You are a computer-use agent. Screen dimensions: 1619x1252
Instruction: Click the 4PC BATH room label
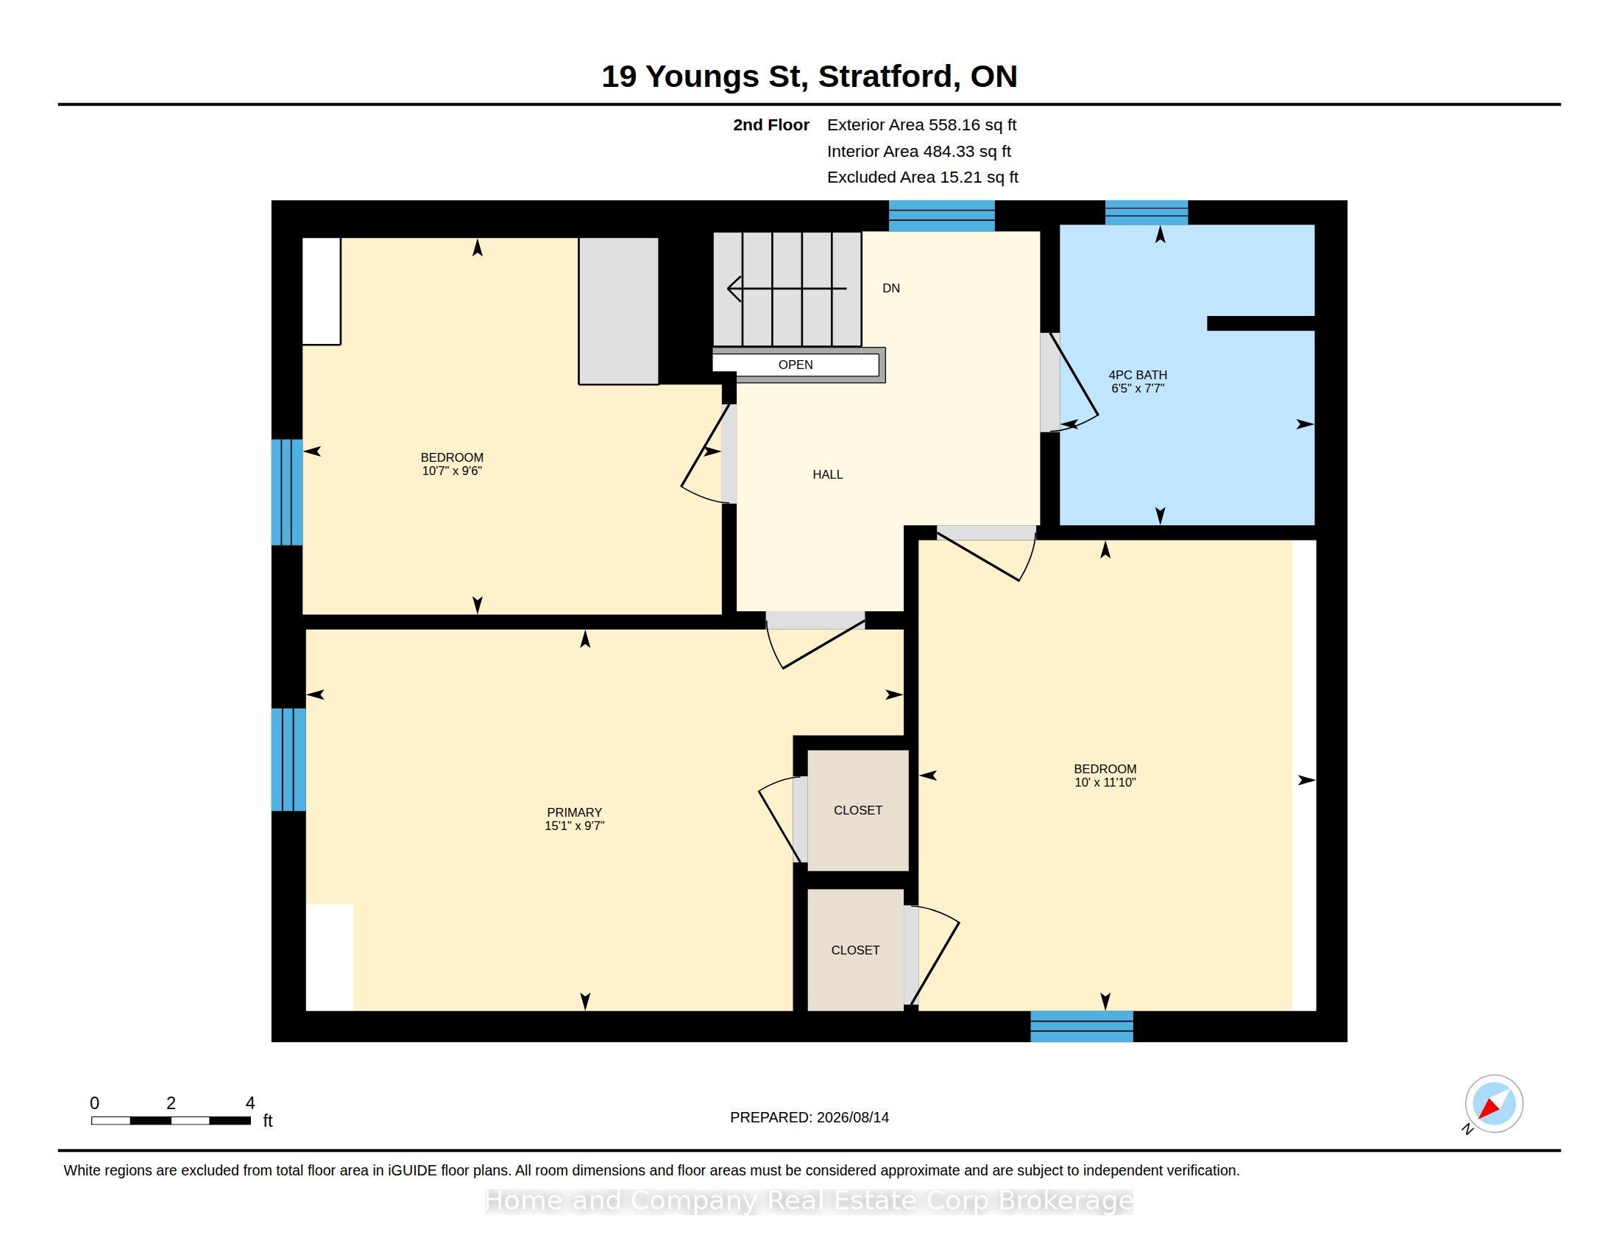click(1137, 376)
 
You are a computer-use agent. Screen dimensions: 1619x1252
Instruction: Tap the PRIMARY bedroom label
click(575, 812)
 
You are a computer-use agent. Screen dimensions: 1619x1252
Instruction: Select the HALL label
click(827, 475)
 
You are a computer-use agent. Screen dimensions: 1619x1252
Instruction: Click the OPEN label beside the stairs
click(796, 365)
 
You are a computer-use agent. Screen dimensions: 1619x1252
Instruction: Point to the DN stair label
click(891, 289)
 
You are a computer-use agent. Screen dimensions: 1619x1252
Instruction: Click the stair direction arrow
click(787, 288)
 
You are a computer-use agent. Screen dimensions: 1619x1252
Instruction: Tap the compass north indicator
click(1493, 1105)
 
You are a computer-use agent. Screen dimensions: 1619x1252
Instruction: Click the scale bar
click(171, 1121)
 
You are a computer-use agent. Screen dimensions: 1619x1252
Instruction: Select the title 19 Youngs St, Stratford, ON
click(809, 77)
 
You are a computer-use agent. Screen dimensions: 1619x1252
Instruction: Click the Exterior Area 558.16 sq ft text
click(921, 125)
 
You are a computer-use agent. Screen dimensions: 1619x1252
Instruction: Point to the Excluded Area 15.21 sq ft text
click(923, 177)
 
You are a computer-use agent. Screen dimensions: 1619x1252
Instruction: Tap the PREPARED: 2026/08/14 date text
click(809, 1117)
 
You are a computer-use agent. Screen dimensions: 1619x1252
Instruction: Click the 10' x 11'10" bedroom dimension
click(1105, 782)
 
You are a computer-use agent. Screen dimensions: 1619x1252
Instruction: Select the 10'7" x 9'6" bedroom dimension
click(452, 471)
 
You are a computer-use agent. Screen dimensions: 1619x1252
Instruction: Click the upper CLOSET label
click(857, 811)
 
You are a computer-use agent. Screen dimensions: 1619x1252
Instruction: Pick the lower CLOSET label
click(855, 950)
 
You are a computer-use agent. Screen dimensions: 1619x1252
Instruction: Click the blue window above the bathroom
click(1146, 213)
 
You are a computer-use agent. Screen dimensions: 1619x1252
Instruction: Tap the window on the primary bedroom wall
click(288, 759)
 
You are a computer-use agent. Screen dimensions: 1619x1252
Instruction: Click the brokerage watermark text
click(809, 1201)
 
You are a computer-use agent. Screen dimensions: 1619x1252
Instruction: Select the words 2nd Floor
click(771, 125)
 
